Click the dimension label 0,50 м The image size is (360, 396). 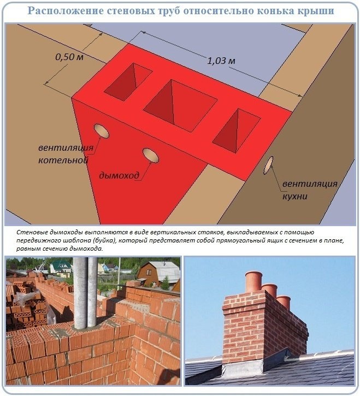[69, 57]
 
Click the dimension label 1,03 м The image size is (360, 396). [221, 61]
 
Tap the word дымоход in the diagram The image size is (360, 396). [119, 175]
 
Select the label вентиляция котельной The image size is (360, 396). [66, 154]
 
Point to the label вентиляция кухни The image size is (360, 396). [310, 190]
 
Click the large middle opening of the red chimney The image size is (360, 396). [180, 105]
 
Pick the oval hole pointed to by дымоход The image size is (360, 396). [151, 156]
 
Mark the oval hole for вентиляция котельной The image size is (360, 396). [102, 131]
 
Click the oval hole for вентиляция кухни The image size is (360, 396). [268, 165]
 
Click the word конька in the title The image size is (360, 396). [274, 11]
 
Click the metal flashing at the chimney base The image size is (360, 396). [243, 369]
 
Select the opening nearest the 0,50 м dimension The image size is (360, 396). [128, 82]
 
